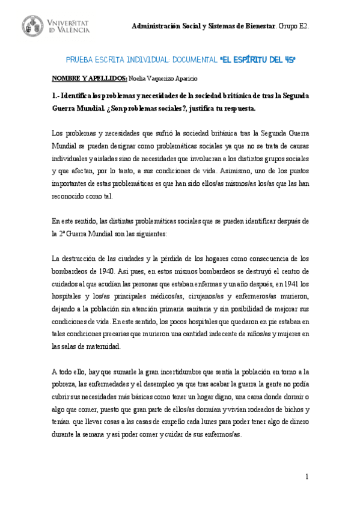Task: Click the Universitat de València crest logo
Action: click(x=33, y=25)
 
